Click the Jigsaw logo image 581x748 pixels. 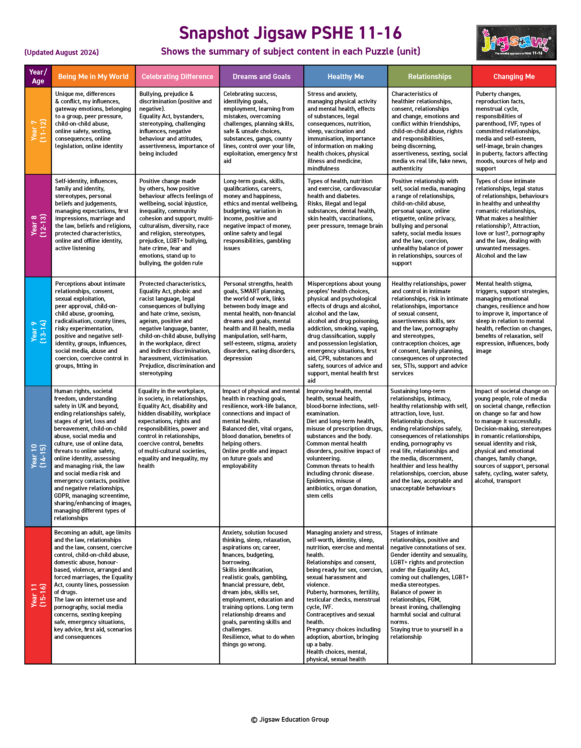(516, 42)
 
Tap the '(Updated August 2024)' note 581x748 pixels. (62, 52)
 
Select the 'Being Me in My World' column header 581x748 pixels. (93, 76)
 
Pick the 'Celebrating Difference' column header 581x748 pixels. (177, 76)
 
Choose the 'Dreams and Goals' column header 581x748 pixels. (262, 76)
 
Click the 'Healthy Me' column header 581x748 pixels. (346, 76)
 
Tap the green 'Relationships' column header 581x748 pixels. (430, 76)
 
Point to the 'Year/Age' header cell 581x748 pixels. (38, 76)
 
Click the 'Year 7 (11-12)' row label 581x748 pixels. (38, 130)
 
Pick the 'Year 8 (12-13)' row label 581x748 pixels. (38, 225)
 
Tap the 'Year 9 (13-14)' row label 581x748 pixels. (38, 331)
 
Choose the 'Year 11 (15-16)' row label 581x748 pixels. (38, 595)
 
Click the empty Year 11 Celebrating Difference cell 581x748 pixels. (177, 595)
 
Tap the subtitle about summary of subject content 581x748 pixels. (290, 51)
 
